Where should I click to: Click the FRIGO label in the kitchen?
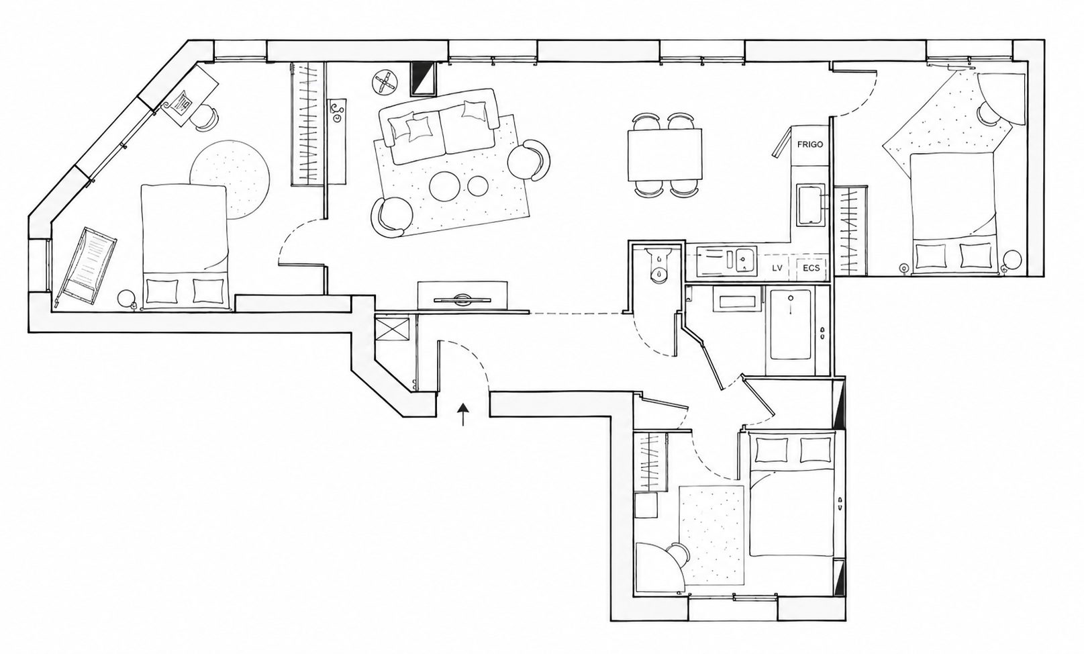(809, 144)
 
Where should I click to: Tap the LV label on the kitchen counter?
(777, 268)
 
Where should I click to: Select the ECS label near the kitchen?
(811, 268)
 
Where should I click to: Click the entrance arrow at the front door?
(464, 414)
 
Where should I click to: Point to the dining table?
(664, 155)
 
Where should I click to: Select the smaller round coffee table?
(477, 187)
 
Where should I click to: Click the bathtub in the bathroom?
(791, 324)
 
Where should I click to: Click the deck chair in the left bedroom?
(86, 267)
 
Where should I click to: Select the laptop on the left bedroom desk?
(180, 103)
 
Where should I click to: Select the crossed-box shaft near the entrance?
(393, 329)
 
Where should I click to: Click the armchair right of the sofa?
(530, 160)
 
